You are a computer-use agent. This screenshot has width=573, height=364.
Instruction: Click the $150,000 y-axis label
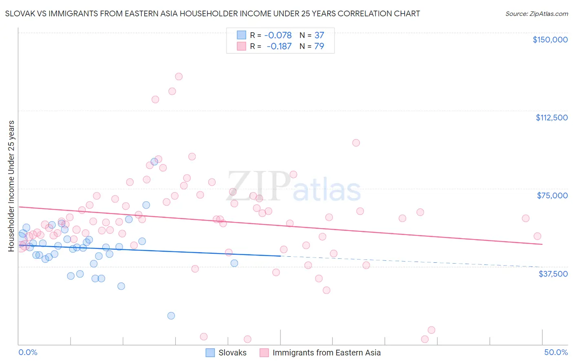(x=550, y=40)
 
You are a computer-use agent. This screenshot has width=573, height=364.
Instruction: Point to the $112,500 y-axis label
(x=551, y=118)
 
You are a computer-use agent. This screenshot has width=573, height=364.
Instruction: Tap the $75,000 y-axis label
(x=552, y=195)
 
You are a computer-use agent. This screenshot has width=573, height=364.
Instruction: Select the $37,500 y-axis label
(x=553, y=274)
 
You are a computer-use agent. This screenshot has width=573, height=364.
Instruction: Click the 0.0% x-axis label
(x=28, y=352)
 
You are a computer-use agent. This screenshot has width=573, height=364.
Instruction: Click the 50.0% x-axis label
(x=556, y=352)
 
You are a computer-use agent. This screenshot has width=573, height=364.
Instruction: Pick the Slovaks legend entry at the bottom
(x=232, y=353)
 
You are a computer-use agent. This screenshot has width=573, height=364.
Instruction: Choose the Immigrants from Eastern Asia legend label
(x=326, y=353)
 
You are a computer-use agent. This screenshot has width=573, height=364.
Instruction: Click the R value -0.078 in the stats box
(x=278, y=36)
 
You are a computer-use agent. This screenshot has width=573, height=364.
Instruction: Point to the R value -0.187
(x=279, y=46)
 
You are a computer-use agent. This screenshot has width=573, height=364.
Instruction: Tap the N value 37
(x=319, y=36)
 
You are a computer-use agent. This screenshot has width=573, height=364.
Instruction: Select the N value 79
(x=319, y=46)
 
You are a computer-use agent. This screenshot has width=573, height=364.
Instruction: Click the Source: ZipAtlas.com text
(x=536, y=14)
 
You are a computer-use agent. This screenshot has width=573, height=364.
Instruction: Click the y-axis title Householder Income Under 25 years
(x=11, y=186)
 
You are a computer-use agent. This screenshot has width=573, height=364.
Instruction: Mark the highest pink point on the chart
(x=179, y=76)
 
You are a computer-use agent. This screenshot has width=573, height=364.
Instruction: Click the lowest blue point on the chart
(x=171, y=315)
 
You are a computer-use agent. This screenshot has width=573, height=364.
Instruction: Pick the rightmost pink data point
(x=537, y=236)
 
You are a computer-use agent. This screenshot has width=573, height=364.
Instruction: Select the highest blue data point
(x=154, y=162)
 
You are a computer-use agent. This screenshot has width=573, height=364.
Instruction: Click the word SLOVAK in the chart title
(x=19, y=13)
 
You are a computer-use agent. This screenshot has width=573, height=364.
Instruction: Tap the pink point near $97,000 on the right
(x=356, y=143)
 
